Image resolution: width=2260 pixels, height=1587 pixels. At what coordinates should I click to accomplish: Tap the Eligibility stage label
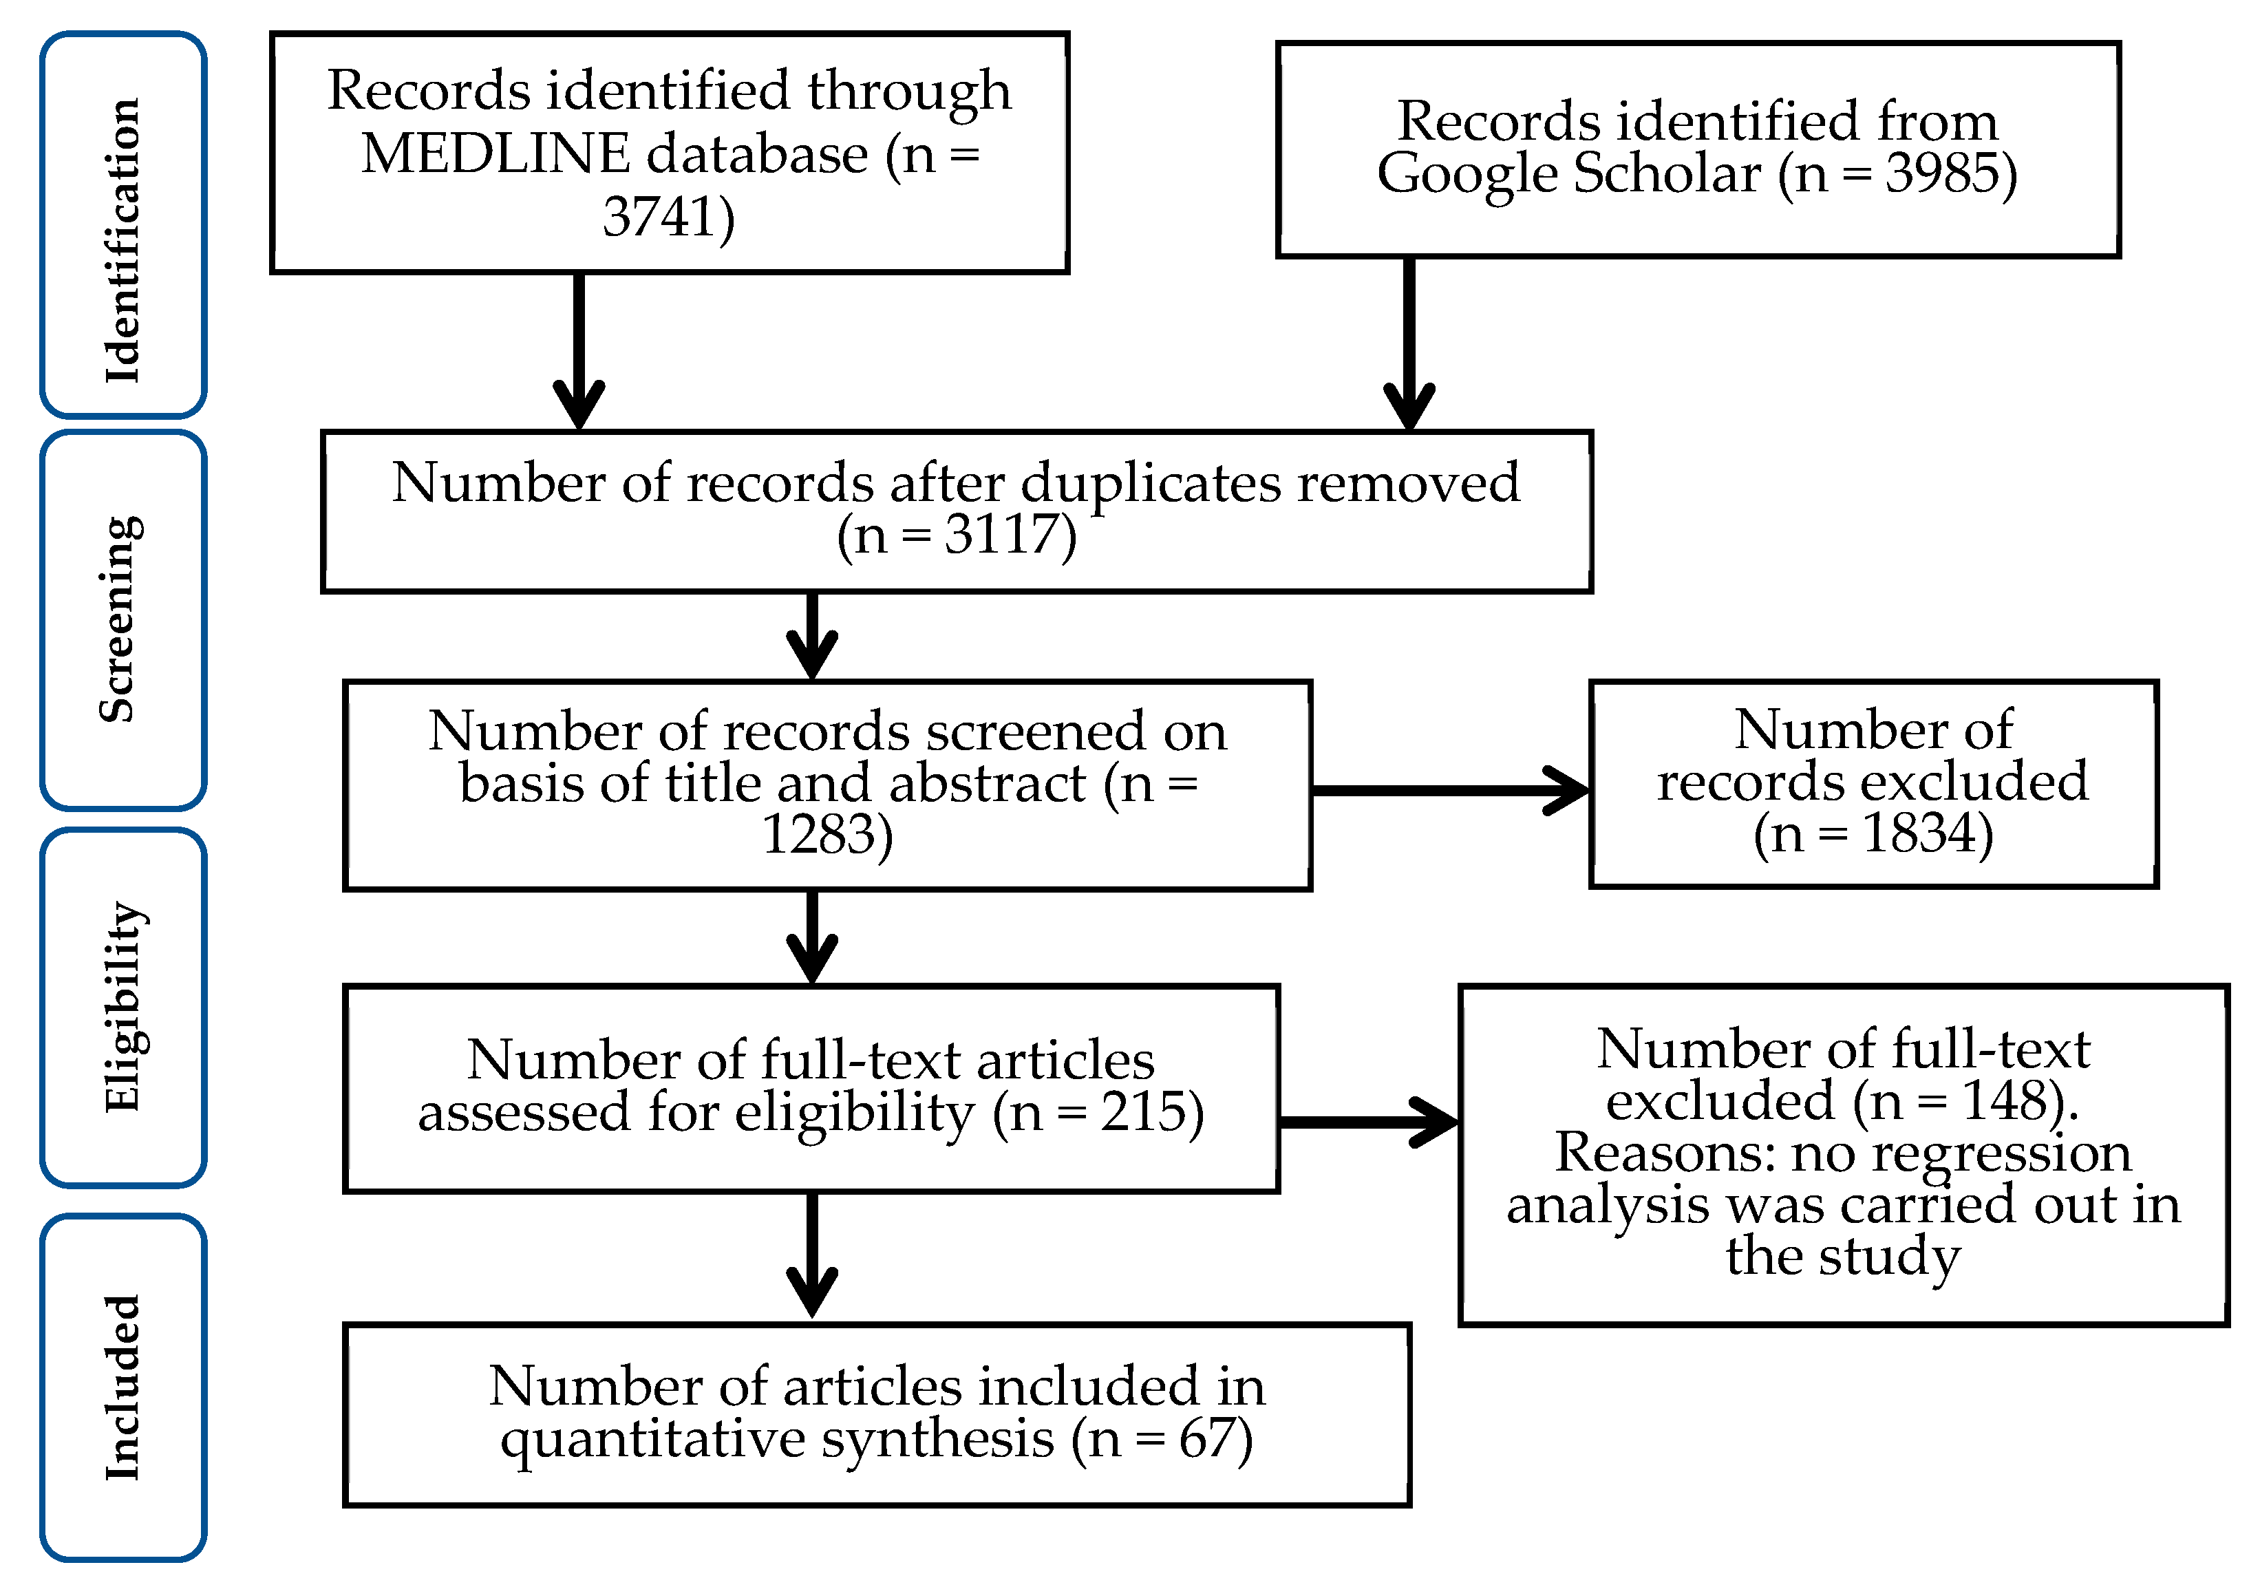(x=124, y=1006)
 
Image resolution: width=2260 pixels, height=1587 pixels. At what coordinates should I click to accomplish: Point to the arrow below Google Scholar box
(x=1409, y=345)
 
